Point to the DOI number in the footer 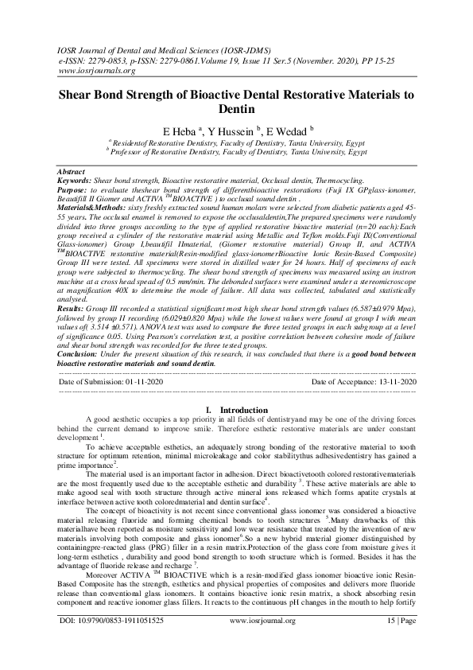tap(126, 640)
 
